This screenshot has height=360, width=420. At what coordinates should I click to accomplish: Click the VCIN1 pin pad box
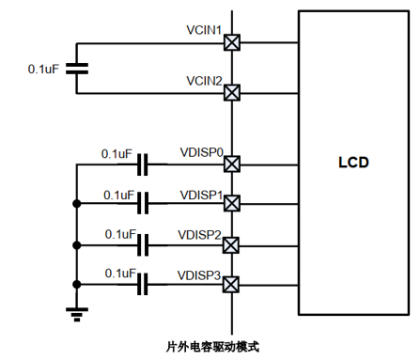[232, 42]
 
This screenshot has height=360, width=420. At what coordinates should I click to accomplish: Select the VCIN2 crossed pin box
[232, 93]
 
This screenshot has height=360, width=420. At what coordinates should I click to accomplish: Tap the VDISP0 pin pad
[232, 164]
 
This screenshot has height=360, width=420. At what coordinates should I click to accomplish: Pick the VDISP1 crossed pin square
[232, 203]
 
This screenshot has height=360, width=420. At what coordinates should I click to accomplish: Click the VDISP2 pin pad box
[231, 245]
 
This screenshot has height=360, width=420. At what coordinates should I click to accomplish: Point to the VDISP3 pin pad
[231, 285]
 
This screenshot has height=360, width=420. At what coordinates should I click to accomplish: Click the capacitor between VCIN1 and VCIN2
[77, 69]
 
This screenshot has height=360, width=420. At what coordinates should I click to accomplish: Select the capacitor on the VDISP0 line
[143, 164]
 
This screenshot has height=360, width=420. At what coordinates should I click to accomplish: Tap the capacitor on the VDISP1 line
[143, 203]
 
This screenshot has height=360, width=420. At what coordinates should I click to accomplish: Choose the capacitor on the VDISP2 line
[143, 245]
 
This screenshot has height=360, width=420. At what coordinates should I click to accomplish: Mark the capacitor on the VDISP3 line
[143, 284]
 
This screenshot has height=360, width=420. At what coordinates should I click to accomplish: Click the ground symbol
[77, 315]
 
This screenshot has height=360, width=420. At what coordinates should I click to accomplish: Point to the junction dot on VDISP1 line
[77, 204]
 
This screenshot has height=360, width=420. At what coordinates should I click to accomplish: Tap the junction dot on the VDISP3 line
[77, 285]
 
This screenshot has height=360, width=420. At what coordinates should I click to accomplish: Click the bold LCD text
[353, 163]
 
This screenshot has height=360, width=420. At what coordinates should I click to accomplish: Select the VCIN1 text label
[204, 30]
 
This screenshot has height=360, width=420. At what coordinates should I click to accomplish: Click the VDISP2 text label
[200, 235]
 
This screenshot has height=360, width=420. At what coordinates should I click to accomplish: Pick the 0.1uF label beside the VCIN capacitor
[43, 69]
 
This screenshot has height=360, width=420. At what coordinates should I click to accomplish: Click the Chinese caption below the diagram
[212, 347]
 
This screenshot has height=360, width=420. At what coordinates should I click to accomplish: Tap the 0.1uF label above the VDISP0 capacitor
[117, 154]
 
